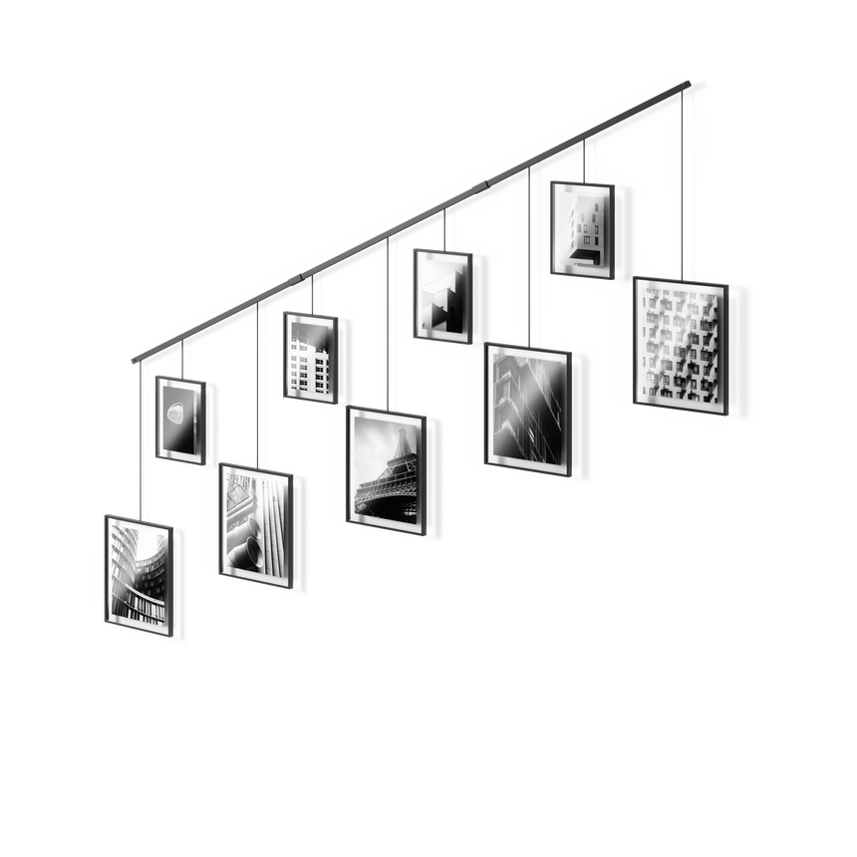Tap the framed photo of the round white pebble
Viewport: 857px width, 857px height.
point(180,419)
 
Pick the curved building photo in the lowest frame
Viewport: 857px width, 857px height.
point(138,574)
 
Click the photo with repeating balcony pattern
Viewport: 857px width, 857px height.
point(680,342)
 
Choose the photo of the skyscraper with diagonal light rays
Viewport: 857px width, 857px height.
point(527,406)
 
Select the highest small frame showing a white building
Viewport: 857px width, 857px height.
point(580,227)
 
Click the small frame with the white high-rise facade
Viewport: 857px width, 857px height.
point(310,356)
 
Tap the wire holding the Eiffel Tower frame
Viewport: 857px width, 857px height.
point(390,319)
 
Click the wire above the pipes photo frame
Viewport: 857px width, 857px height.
point(259,384)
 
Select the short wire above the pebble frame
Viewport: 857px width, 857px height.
point(182,360)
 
